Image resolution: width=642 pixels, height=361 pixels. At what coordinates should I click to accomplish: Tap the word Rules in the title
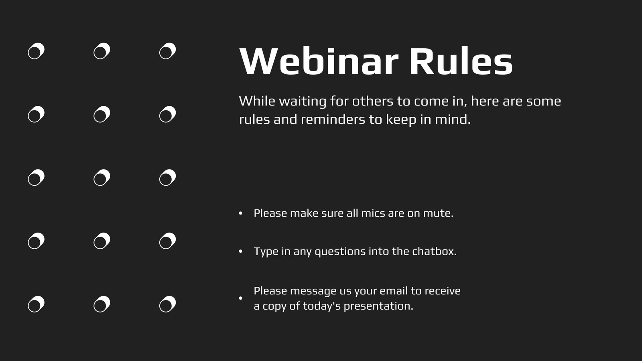(461, 61)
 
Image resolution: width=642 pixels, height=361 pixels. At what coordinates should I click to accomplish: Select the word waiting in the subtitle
(303, 101)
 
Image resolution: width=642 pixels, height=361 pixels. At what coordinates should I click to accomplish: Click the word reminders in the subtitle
(333, 119)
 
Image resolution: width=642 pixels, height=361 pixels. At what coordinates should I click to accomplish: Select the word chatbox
(434, 251)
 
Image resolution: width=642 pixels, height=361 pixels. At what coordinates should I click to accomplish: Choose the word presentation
(378, 306)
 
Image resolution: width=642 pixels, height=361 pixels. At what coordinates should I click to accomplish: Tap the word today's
(322, 306)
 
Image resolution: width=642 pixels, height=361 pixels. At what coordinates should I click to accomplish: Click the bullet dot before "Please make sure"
(240, 213)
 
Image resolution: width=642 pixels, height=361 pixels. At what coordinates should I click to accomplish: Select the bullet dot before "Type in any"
(240, 251)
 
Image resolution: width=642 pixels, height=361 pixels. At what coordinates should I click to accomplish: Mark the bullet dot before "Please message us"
(240, 298)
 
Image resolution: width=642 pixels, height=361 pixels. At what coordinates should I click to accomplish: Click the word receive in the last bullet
(443, 291)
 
